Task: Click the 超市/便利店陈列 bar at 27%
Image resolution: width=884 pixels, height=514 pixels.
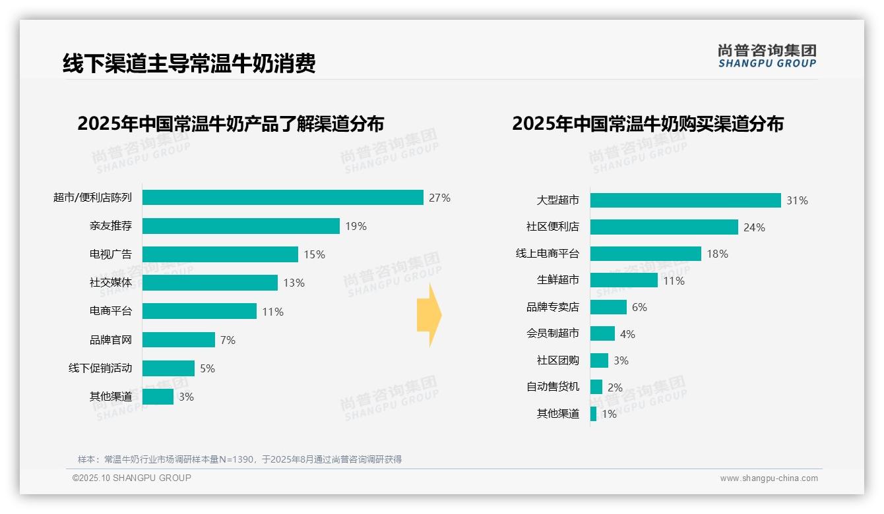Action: [282, 198]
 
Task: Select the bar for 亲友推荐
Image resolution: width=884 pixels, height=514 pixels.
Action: [241, 226]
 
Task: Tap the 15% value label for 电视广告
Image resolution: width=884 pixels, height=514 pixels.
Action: [314, 254]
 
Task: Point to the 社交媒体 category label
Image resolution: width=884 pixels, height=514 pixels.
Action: [111, 283]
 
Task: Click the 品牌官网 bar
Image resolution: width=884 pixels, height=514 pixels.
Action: [179, 339]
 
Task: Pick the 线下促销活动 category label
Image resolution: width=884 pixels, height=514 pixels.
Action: [100, 368]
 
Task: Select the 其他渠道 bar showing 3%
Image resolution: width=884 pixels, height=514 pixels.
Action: [158, 397]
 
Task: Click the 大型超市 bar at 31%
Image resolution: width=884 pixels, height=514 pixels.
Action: [685, 200]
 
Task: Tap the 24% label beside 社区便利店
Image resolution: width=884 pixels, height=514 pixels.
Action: [754, 227]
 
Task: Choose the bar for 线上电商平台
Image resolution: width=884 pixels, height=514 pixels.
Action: [645, 254]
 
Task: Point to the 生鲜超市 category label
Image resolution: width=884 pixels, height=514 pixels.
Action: [558, 280]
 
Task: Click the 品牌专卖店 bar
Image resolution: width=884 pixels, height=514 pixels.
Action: [608, 307]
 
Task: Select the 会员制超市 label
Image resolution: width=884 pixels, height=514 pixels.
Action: [553, 333]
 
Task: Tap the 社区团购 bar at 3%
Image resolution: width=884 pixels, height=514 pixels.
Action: [599, 360]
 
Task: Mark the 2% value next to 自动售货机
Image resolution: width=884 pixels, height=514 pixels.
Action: [615, 387]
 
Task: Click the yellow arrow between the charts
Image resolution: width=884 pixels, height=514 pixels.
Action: [429, 316]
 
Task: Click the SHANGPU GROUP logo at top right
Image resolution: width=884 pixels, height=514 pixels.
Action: [767, 56]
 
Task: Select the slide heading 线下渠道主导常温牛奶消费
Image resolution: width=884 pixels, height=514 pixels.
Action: [189, 63]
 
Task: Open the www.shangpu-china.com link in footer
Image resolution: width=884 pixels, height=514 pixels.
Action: [769, 478]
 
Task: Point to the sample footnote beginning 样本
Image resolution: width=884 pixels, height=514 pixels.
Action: [239, 459]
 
